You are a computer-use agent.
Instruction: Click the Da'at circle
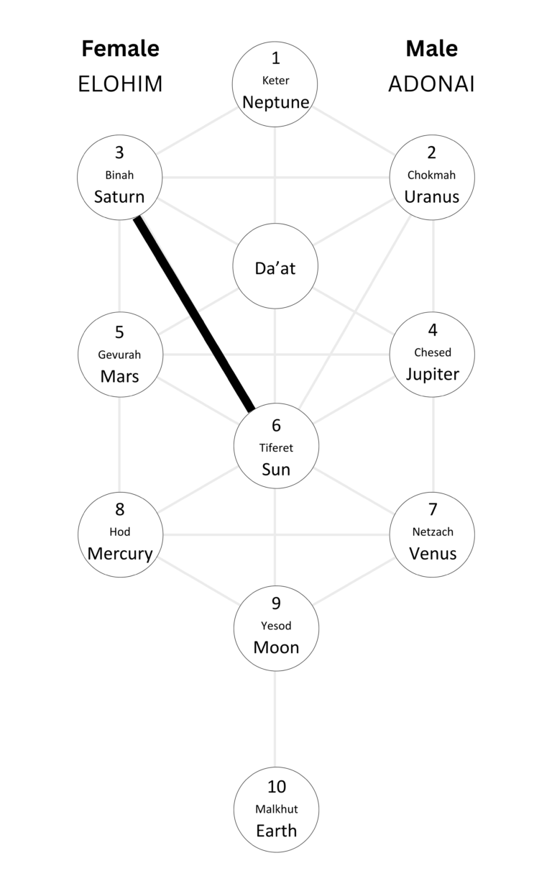click(276, 268)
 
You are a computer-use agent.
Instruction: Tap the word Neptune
click(276, 102)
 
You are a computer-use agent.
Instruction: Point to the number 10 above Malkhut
click(276, 787)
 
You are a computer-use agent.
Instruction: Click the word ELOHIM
click(120, 84)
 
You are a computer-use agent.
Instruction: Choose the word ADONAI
click(431, 84)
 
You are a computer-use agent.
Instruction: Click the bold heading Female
click(120, 48)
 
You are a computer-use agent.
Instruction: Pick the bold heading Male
click(431, 48)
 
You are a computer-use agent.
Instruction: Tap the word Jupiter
click(432, 374)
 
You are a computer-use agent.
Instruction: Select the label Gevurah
click(120, 355)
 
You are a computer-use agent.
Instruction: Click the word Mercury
click(120, 554)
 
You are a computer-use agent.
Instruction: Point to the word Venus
click(432, 554)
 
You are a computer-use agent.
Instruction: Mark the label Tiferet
click(276, 447)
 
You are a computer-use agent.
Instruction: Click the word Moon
click(276, 647)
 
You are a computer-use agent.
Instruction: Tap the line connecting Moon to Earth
click(276, 719)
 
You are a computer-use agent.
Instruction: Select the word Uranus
click(431, 196)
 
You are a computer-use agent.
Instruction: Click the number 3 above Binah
click(120, 152)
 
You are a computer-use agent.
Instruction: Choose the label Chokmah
click(431, 175)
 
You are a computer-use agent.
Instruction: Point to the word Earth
click(276, 831)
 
